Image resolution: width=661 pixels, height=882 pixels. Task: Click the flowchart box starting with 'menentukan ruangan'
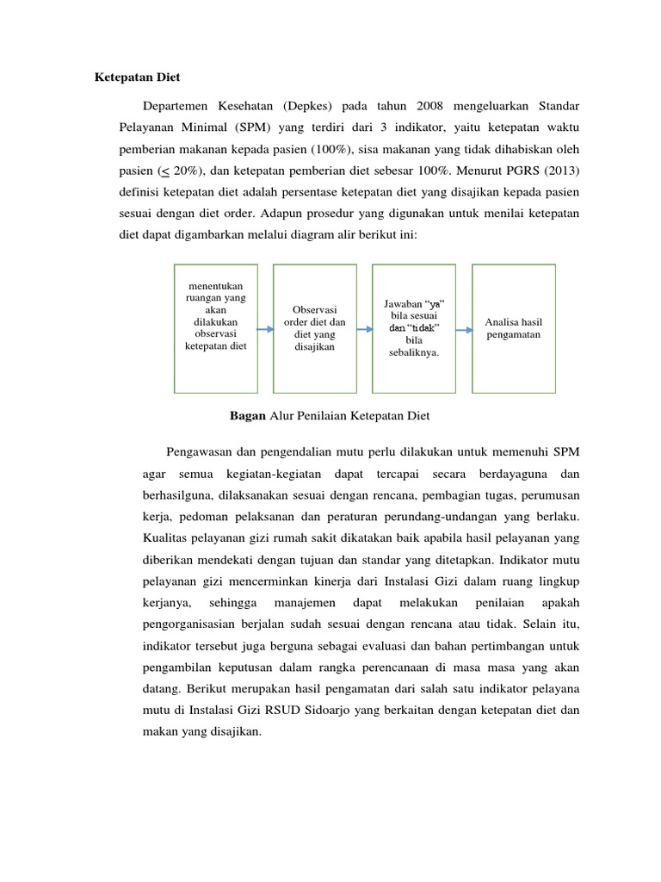click(x=215, y=327)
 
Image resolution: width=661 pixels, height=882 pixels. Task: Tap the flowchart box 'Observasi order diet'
click(x=314, y=327)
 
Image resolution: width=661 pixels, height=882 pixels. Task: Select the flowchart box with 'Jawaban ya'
click(x=413, y=327)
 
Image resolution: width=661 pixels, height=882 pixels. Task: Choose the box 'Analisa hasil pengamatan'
click(x=513, y=327)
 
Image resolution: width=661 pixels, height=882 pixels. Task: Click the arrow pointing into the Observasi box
click(x=264, y=327)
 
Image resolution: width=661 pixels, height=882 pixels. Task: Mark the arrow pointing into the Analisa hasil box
click(x=463, y=327)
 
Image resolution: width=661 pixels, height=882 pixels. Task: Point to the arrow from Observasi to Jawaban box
click(x=364, y=327)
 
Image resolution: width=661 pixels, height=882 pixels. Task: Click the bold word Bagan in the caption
click(x=248, y=416)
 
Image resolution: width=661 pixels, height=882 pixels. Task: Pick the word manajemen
click(x=299, y=599)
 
